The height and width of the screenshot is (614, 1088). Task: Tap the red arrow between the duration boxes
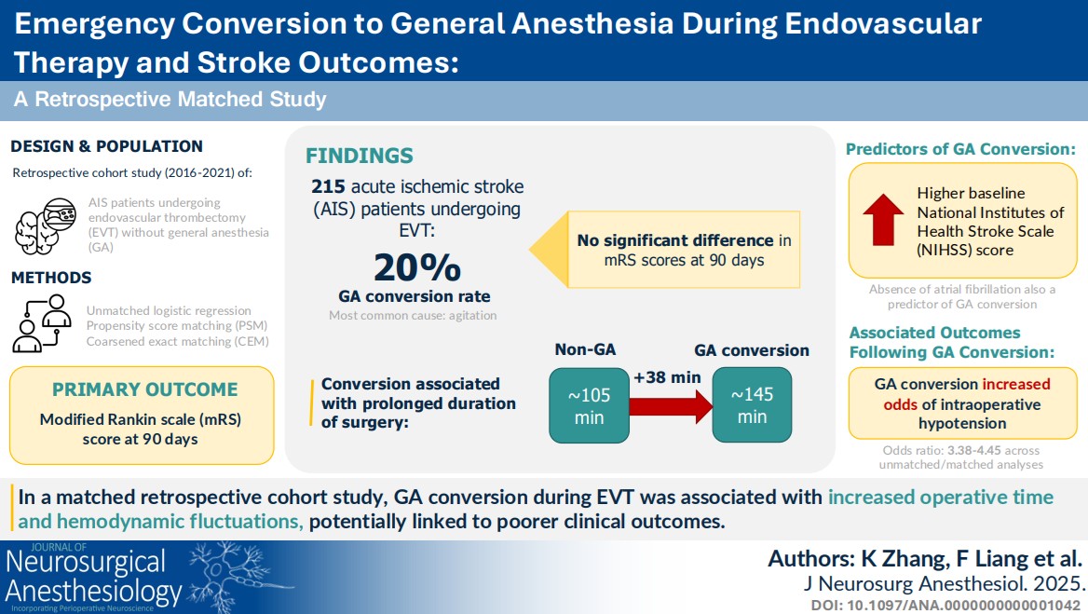[x=671, y=406]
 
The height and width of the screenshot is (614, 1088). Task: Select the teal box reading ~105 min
[x=589, y=406]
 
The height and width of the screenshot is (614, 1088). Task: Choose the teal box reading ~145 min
[x=752, y=405]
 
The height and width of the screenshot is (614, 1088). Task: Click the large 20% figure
[x=417, y=267]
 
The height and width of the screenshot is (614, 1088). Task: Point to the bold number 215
[x=328, y=186]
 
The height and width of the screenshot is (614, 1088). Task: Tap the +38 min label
[x=667, y=377]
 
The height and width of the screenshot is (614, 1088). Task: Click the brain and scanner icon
[x=46, y=225]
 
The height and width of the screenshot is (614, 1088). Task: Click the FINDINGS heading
[x=360, y=156]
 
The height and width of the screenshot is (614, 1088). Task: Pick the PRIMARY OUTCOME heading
[x=145, y=389]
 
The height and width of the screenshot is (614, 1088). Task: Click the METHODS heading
[x=51, y=278]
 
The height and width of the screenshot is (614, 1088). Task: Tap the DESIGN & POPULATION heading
[x=107, y=146]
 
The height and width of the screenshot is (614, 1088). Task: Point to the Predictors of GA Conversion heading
[x=961, y=149]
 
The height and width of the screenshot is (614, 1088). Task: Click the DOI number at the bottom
[x=945, y=605]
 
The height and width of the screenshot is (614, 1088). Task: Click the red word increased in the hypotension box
[x=1016, y=384]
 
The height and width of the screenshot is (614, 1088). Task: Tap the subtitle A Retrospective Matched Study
[x=170, y=99]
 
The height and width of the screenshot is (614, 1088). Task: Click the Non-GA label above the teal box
[x=585, y=349]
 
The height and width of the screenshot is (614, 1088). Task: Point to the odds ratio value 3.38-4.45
[x=974, y=450]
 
